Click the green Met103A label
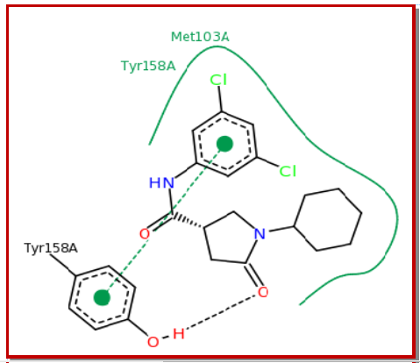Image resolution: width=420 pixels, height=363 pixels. (x=200, y=37)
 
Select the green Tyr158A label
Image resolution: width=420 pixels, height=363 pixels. (x=148, y=66)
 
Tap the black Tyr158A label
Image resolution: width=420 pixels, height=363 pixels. (x=51, y=248)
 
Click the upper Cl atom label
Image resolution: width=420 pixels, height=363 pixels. (x=218, y=80)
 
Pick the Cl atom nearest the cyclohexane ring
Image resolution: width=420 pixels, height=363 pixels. (x=288, y=171)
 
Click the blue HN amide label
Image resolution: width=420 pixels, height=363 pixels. (x=161, y=183)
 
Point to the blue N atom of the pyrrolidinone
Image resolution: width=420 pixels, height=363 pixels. (x=260, y=234)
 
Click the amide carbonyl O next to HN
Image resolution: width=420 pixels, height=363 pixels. (x=145, y=234)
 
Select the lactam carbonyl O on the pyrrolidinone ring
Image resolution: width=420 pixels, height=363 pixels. (x=263, y=292)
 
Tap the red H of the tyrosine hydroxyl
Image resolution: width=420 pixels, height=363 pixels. (x=179, y=334)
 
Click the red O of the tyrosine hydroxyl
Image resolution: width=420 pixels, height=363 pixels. (x=153, y=342)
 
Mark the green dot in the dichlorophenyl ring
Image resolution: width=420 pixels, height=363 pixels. (x=224, y=144)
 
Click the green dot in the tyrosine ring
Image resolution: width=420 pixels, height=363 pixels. (x=102, y=297)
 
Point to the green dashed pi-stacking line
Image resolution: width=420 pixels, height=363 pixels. (x=163, y=221)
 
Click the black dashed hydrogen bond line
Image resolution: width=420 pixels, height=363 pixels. (x=220, y=312)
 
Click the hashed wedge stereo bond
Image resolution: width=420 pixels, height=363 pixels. (x=188, y=221)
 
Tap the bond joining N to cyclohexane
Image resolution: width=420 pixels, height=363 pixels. (x=281, y=229)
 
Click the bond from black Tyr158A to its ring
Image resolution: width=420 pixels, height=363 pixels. (x=63, y=265)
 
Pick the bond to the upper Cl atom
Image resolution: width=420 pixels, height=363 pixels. (x=221, y=99)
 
